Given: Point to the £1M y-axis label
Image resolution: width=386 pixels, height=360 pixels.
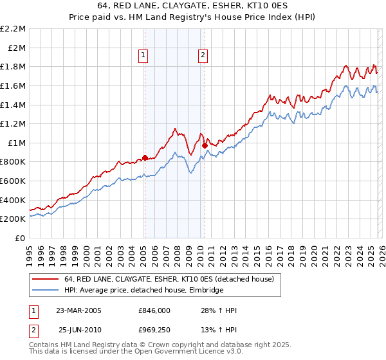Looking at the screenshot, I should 17,143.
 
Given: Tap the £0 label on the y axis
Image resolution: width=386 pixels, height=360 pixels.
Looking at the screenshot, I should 20,238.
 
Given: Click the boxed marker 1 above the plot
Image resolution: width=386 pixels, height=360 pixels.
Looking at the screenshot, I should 143,56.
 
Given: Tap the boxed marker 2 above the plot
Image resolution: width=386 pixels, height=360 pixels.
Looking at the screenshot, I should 203,56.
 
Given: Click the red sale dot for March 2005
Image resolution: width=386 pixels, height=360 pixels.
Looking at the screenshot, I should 145,157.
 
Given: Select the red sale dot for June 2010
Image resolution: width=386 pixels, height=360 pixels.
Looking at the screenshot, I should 205,146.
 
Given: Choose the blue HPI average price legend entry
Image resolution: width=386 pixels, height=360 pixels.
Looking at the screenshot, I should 143,290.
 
